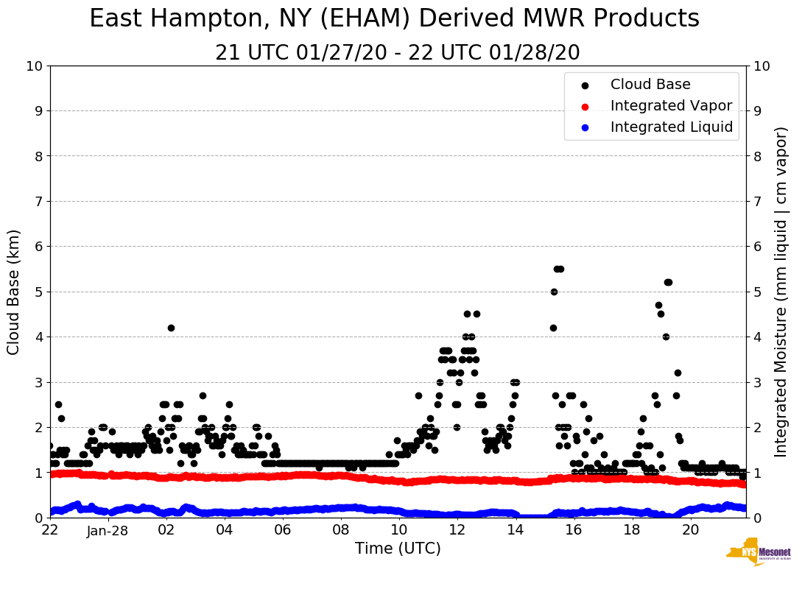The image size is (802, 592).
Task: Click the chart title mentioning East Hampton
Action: point(394,19)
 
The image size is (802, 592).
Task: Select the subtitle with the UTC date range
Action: point(398,53)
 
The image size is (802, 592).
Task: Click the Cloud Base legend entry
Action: point(650,85)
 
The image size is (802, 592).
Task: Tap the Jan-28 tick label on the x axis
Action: point(108,530)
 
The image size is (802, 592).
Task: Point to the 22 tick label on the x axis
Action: point(50,530)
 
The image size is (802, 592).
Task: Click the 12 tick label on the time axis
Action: point(457,530)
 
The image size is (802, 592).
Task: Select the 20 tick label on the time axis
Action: point(689,530)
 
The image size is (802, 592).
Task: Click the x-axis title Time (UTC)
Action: point(398,549)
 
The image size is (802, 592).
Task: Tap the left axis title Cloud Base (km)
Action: point(14,292)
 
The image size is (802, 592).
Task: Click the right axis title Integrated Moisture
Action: point(781,292)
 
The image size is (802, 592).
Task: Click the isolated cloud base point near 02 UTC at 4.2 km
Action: point(171,328)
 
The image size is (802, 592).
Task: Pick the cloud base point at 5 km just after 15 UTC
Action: point(554,292)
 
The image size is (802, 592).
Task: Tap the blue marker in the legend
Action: point(585,127)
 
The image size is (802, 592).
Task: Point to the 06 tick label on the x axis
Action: point(282,530)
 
